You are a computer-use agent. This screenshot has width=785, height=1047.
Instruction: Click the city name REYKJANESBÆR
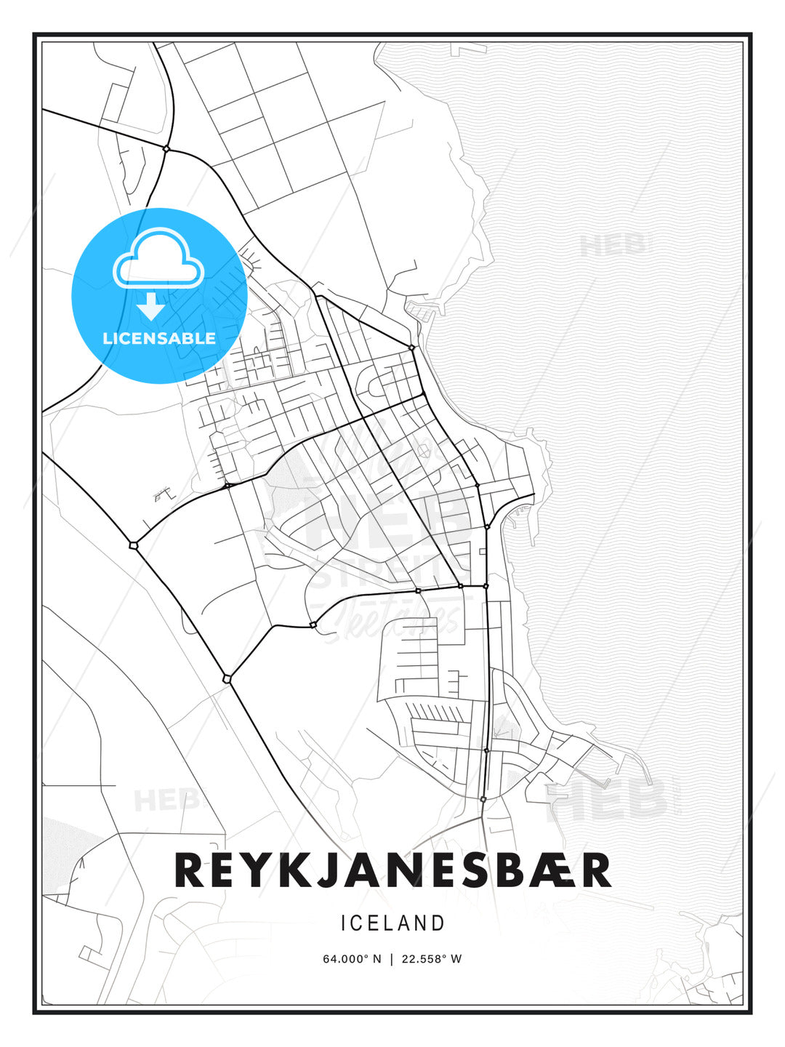392,870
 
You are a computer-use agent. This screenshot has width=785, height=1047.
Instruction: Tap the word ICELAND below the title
392,923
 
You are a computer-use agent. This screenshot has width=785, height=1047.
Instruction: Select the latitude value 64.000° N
352,958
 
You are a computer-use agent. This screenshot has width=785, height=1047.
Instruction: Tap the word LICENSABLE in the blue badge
159,338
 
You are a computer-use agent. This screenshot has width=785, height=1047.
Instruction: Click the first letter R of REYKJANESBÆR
190,870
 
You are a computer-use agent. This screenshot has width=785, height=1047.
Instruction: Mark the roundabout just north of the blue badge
166,149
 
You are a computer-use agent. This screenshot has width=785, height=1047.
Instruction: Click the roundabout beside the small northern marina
411,348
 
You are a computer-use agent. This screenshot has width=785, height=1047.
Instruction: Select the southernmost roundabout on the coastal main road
483,799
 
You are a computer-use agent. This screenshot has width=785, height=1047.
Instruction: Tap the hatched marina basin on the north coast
421,311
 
